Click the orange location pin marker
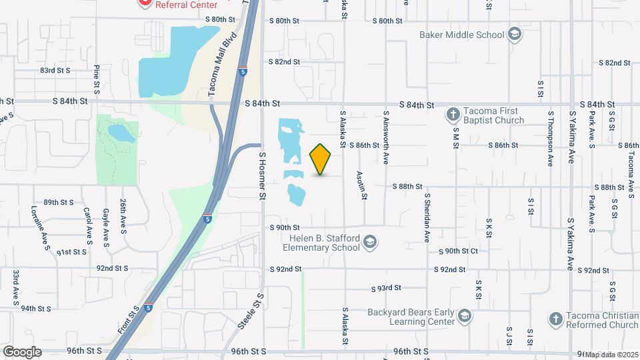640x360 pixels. pyautogui.click(x=321, y=159)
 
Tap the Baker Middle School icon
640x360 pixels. pyautogui.click(x=514, y=34)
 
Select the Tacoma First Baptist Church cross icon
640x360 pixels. pyautogui.click(x=453, y=114)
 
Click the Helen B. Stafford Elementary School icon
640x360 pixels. pyautogui.click(x=370, y=243)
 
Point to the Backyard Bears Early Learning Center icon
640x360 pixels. pyautogui.click(x=465, y=315)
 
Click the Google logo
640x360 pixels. pyautogui.click(x=22, y=352)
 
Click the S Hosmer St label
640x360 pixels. pyautogui.click(x=262, y=175)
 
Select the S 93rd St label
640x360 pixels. pyautogui.click(x=387, y=288)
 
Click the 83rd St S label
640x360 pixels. pyautogui.click(x=55, y=70)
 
